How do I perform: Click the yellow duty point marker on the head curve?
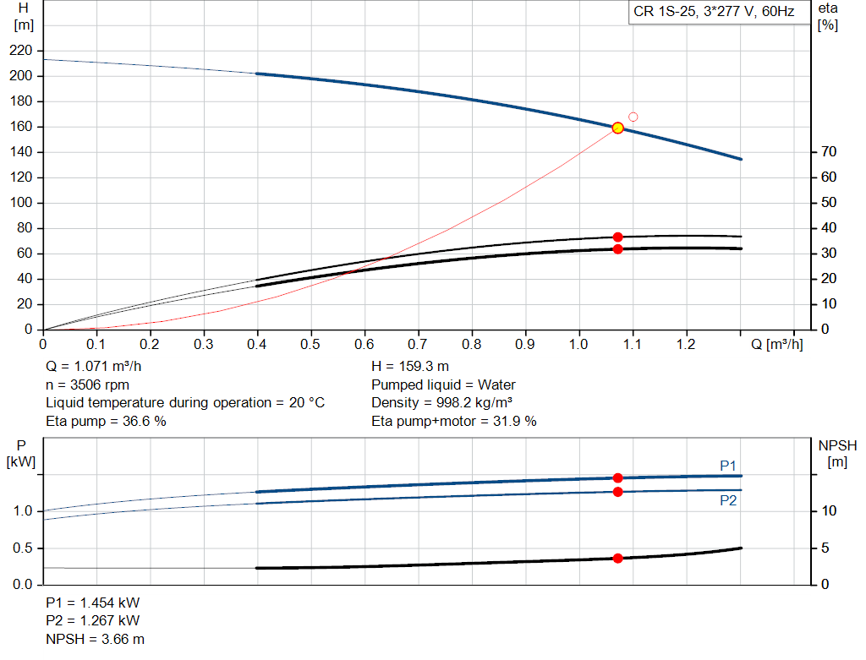[x=617, y=128]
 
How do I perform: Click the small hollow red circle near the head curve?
[x=633, y=117]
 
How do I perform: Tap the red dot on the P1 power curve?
[x=617, y=478]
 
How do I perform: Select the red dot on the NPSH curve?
[x=617, y=559]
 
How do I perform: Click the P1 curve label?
[x=728, y=466]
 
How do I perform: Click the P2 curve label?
[x=728, y=500]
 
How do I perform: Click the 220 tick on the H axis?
[x=22, y=51]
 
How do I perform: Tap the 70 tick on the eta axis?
[x=828, y=152]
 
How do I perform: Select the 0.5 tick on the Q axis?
[x=311, y=345]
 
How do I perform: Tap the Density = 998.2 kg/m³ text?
[x=442, y=403]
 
